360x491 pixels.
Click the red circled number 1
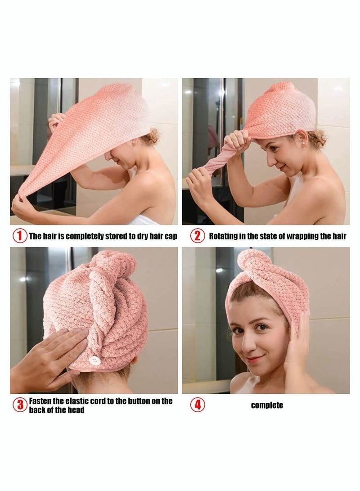pyautogui.click(x=20, y=235)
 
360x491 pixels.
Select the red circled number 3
pyautogui.click(x=20, y=405)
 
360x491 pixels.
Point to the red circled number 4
pyautogui.click(x=197, y=405)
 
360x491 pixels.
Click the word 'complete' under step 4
pyautogui.click(x=267, y=405)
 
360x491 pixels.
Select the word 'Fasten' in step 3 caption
pyautogui.click(x=42, y=401)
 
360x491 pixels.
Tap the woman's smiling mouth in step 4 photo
pyautogui.click(x=255, y=359)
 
